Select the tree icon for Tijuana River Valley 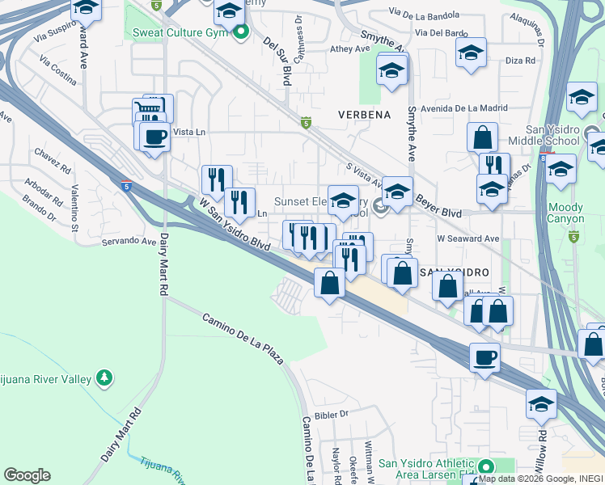pyautogui.click(x=104, y=377)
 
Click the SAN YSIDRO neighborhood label pyautogui.click(x=455, y=273)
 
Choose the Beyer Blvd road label pyautogui.click(x=438, y=206)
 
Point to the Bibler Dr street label pyautogui.click(x=331, y=413)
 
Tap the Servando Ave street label pyautogui.click(x=128, y=241)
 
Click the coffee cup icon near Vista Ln pyautogui.click(x=154, y=136)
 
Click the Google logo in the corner pyautogui.click(x=27, y=475)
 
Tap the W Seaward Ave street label pyautogui.click(x=467, y=238)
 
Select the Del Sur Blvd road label pyautogui.click(x=275, y=61)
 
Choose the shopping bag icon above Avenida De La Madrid pyautogui.click(x=482, y=137)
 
